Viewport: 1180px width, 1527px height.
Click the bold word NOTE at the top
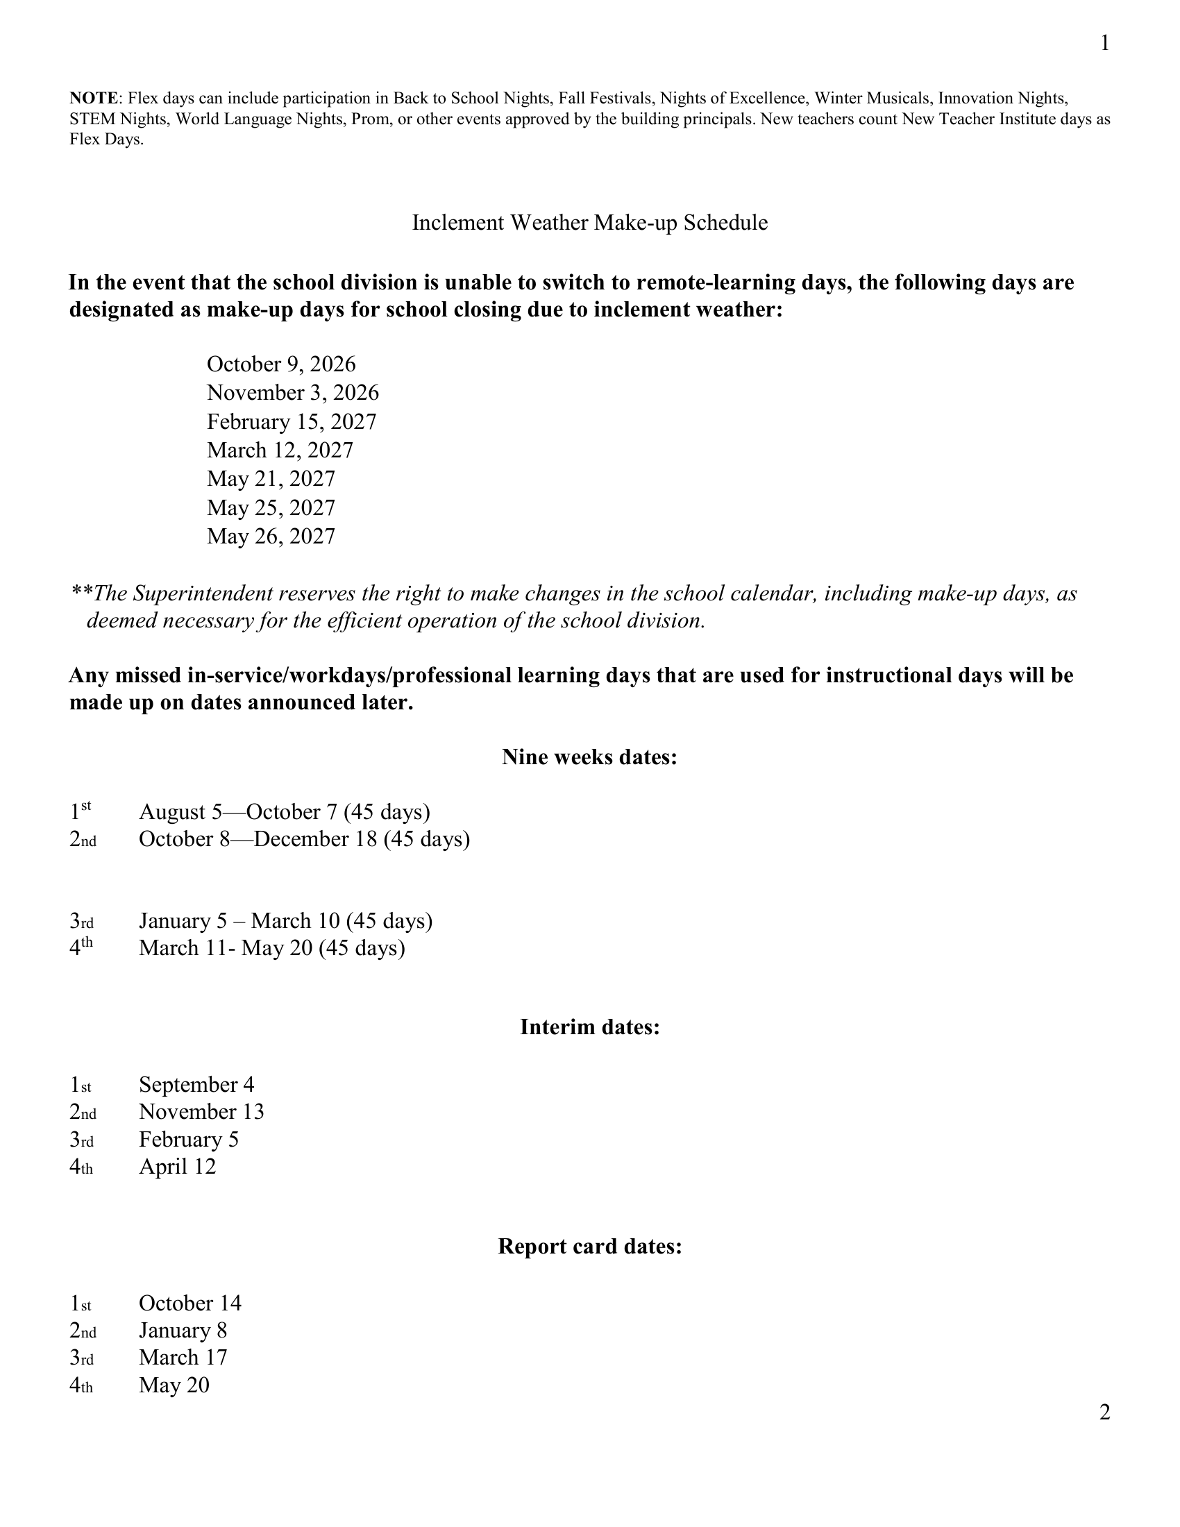click(94, 98)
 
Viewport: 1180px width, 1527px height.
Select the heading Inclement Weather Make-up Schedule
click(589, 223)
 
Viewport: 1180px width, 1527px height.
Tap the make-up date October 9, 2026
click(281, 364)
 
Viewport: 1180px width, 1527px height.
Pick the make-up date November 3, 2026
click(292, 393)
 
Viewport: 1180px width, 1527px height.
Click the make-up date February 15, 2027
click(292, 421)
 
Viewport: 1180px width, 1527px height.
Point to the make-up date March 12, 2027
click(280, 450)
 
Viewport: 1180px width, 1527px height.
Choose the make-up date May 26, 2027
click(271, 537)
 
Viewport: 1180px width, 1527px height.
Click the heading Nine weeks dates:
click(589, 757)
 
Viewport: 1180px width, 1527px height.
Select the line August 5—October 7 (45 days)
click(284, 812)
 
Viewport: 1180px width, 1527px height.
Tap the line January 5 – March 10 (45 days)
click(285, 921)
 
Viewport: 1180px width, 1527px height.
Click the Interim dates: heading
click(589, 1027)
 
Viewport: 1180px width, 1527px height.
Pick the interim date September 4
click(196, 1084)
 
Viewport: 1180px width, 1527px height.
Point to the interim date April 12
click(178, 1166)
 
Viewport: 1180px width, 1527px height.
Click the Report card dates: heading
click(589, 1247)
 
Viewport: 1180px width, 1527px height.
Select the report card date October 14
click(189, 1304)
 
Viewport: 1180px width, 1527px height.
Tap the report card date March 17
click(183, 1358)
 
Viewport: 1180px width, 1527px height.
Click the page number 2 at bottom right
click(1104, 1412)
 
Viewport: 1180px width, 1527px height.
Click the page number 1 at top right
click(1104, 43)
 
